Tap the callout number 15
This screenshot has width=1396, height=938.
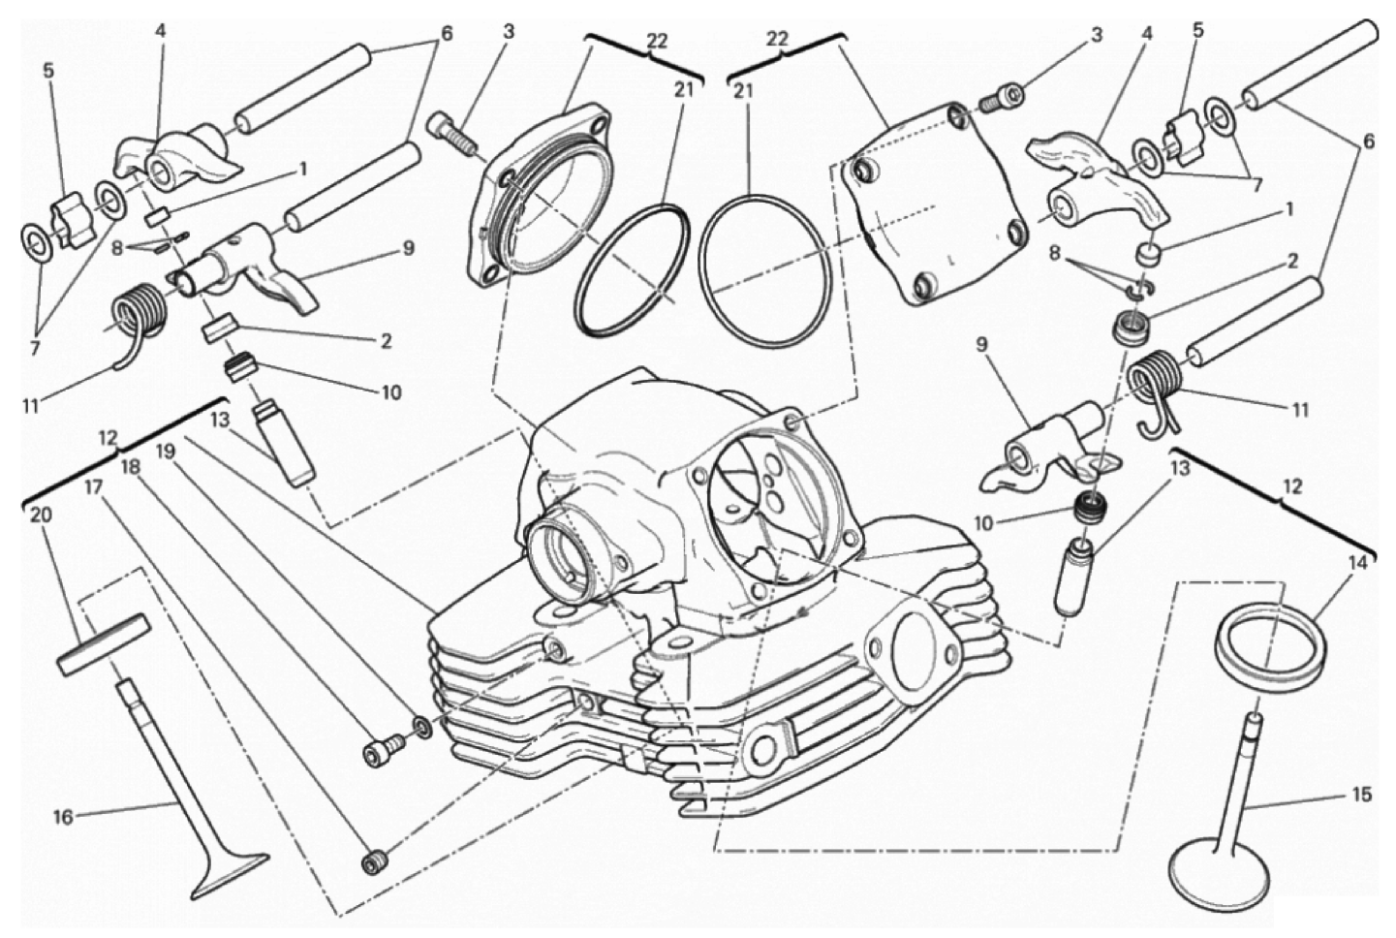click(x=1361, y=795)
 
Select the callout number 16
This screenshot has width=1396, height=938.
click(x=63, y=817)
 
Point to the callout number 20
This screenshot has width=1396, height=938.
click(x=39, y=516)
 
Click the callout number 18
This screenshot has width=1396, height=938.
click(x=130, y=466)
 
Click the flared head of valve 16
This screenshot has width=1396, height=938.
click(x=229, y=871)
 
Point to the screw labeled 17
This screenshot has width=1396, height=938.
click(x=374, y=860)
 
